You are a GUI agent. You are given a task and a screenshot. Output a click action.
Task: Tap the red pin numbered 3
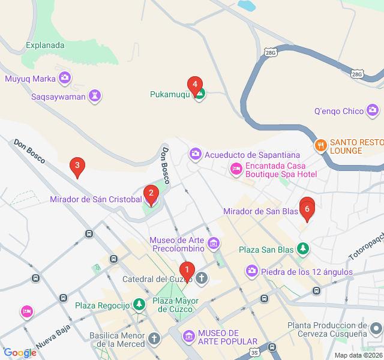(x=76, y=166)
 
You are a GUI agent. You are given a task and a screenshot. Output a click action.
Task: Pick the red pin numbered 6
(x=307, y=209)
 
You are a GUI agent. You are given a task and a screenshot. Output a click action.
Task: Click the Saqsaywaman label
(x=58, y=95)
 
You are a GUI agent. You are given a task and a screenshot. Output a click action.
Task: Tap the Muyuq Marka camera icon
(x=65, y=77)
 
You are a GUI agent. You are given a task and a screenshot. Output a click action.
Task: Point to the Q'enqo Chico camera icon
(x=373, y=110)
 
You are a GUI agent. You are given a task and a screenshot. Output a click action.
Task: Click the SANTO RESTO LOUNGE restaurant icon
(x=321, y=145)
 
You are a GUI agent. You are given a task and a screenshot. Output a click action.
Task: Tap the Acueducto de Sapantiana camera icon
(x=196, y=155)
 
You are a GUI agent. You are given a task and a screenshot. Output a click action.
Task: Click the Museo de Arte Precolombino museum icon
(x=214, y=244)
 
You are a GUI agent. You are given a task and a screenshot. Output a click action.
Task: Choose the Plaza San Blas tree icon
(x=304, y=248)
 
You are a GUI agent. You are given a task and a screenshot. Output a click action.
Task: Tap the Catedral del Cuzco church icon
(x=202, y=278)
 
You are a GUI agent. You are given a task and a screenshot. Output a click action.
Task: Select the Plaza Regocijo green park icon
(x=139, y=305)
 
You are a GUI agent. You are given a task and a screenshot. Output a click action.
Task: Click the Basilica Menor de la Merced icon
(x=154, y=339)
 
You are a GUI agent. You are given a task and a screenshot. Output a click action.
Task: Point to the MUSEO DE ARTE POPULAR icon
(x=189, y=337)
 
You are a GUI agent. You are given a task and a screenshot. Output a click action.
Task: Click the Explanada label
(x=46, y=44)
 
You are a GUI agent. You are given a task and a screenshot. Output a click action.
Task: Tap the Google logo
(x=20, y=353)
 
